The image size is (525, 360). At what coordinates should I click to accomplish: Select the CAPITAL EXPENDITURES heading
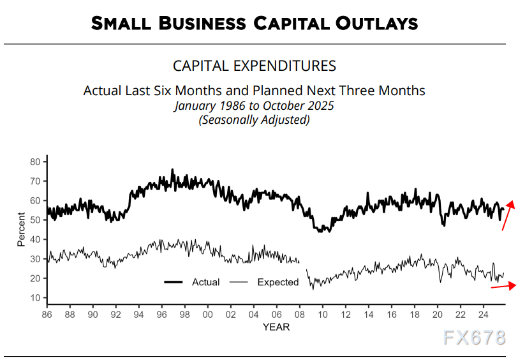tap(255, 66)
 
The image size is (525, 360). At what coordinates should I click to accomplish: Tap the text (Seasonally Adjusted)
tap(254, 119)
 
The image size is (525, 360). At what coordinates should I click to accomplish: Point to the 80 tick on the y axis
tap(35, 161)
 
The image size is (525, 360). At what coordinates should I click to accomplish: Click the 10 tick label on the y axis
tap(35, 298)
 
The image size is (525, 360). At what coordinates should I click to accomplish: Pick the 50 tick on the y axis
tap(35, 220)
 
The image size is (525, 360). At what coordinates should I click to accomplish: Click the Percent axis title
tap(22, 230)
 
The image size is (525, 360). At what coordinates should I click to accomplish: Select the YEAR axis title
tap(276, 327)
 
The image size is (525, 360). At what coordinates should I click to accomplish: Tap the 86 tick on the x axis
tap(47, 315)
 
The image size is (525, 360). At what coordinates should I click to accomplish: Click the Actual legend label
tap(205, 282)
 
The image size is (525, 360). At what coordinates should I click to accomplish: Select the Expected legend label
tap(277, 282)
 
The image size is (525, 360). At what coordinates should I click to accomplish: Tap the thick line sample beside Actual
tap(174, 282)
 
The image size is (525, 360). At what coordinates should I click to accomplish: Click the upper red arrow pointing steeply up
tap(508, 215)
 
